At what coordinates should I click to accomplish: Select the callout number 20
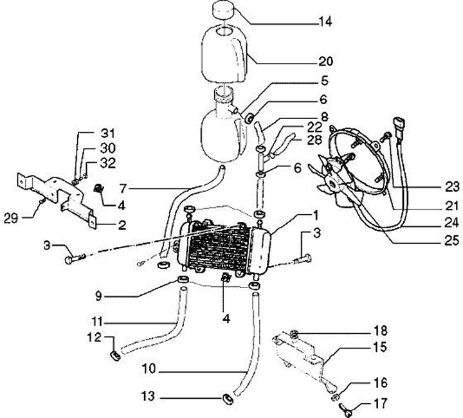pyautogui.click(x=325, y=62)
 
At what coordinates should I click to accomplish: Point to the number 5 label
pyautogui.click(x=325, y=81)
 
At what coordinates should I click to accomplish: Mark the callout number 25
pyautogui.click(x=452, y=242)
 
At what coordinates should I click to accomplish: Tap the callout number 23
pyautogui.click(x=452, y=187)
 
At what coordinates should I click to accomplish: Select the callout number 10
pyautogui.click(x=148, y=371)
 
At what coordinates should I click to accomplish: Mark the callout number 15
pyautogui.click(x=381, y=347)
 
